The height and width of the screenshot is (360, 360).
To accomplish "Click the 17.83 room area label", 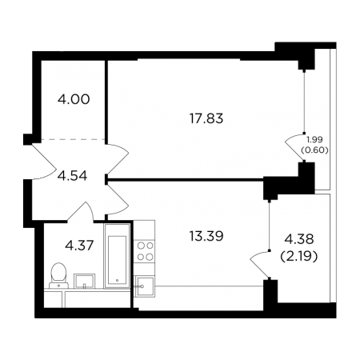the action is [x=206, y=118].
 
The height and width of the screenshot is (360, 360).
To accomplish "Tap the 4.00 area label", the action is [x=74, y=99].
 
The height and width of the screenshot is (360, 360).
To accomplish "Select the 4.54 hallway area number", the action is [x=73, y=176].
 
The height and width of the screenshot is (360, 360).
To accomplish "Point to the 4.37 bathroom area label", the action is [x=79, y=246].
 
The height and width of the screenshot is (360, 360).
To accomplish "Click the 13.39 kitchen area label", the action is [x=206, y=236].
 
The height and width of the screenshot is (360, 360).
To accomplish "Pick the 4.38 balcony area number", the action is [x=299, y=239].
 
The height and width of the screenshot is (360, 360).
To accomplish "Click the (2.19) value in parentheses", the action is [x=299, y=257].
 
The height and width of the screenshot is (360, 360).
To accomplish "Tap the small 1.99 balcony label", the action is [x=314, y=139].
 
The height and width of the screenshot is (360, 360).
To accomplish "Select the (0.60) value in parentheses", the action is [x=314, y=150].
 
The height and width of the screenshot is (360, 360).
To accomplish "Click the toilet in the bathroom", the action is [x=58, y=275].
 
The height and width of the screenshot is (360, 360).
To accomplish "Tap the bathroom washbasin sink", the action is [x=84, y=281].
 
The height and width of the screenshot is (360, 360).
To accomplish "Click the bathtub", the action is [x=117, y=256].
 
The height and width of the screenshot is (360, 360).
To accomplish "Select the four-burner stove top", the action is [x=144, y=250].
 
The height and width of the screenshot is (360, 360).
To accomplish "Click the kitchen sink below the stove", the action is [x=144, y=286].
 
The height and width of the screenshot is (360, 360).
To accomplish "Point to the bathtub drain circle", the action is [x=117, y=281].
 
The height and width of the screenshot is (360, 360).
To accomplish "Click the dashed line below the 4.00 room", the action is [x=73, y=139].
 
